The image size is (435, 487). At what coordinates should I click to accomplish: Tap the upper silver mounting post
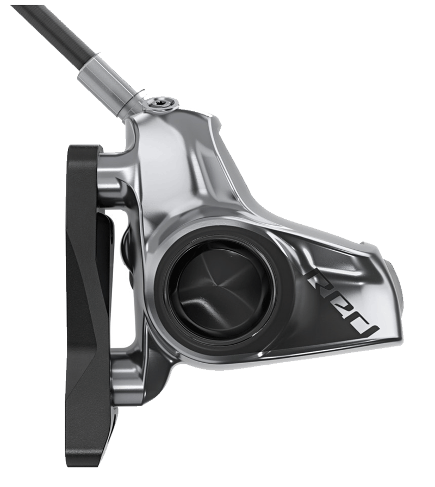click(111, 185)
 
